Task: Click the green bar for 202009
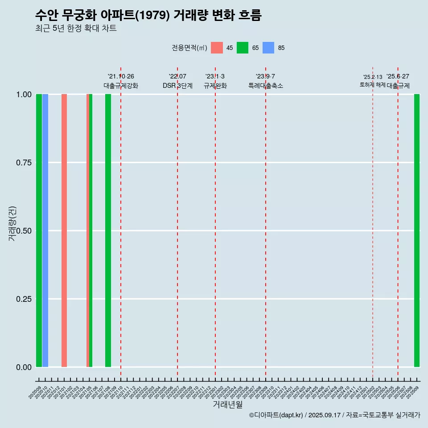[x=39, y=230]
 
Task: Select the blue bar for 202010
[x=45, y=230]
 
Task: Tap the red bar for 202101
[x=64, y=230]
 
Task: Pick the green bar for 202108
[x=108, y=230]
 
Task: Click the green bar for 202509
[x=417, y=230]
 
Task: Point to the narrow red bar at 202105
[x=88, y=230]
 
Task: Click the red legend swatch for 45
[x=217, y=48]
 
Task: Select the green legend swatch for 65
[x=243, y=48]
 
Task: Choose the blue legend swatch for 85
[x=268, y=48]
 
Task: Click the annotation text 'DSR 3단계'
[x=177, y=86]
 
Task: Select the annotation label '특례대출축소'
[x=266, y=86]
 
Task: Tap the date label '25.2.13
[x=373, y=77]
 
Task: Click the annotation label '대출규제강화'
[x=121, y=86]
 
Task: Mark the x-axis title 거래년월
[x=227, y=404]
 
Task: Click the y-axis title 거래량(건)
[x=12, y=223]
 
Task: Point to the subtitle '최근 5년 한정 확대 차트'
[x=76, y=29]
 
